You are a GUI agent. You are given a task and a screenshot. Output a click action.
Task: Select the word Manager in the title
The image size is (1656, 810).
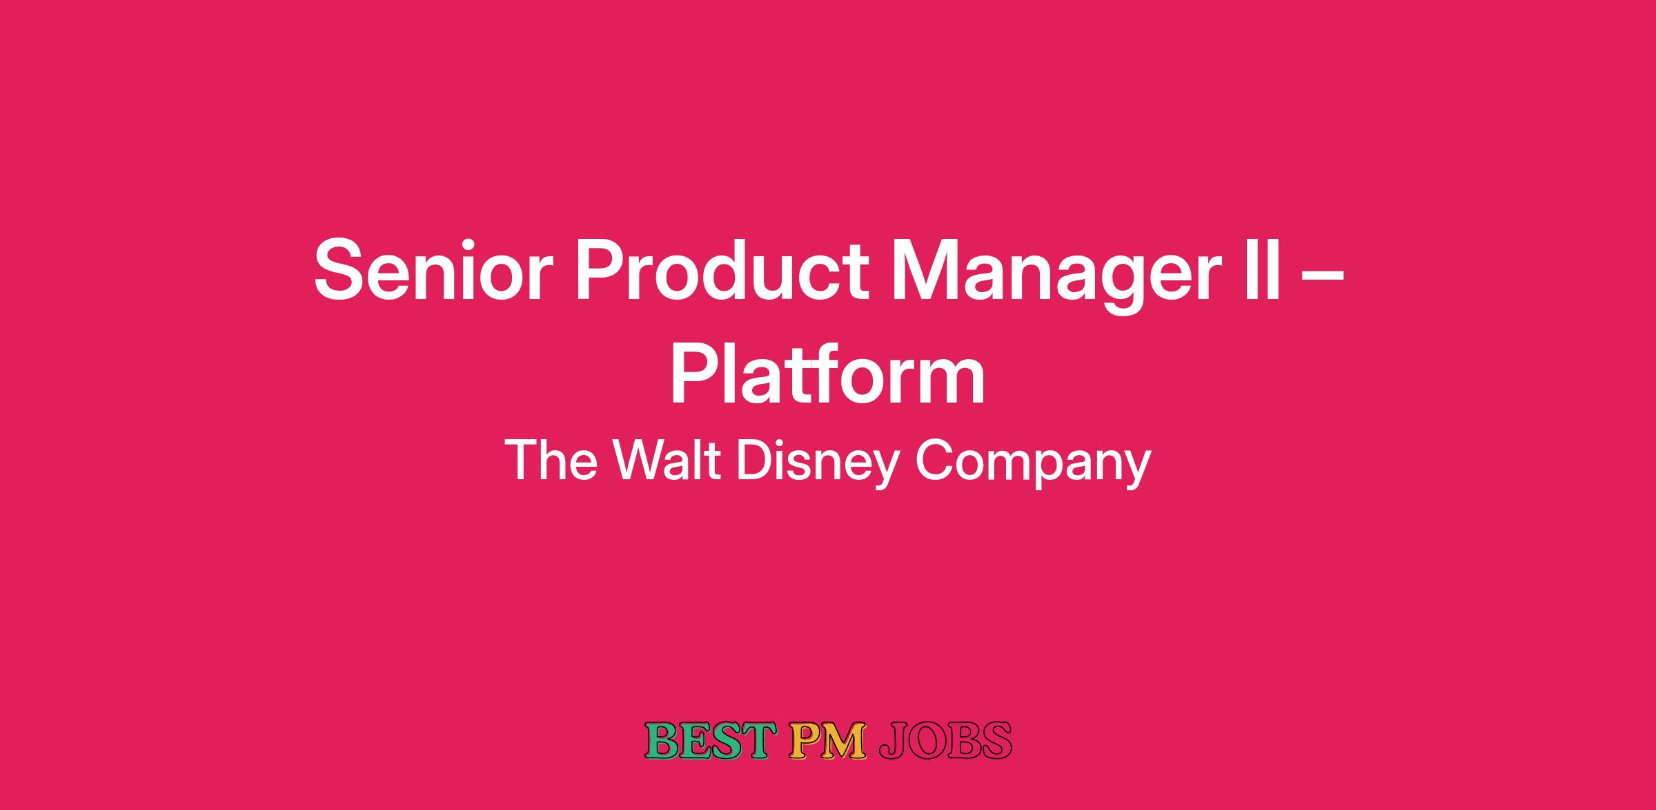[1053, 276]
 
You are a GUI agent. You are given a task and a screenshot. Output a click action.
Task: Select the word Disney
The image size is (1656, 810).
[818, 463]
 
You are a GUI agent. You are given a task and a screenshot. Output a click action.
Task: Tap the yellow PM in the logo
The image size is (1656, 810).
[827, 740]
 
